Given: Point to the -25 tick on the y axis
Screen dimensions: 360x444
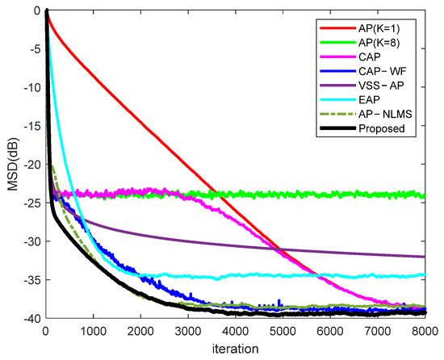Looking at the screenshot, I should coord(32,203).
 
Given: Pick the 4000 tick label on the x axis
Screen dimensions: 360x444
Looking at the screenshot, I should coord(236,331).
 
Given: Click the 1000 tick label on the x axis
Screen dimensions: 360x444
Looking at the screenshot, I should coord(94,331).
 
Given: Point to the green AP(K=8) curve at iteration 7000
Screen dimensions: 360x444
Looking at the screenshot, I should coord(378,195).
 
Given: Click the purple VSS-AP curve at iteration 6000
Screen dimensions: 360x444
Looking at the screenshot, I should coord(330,252).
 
